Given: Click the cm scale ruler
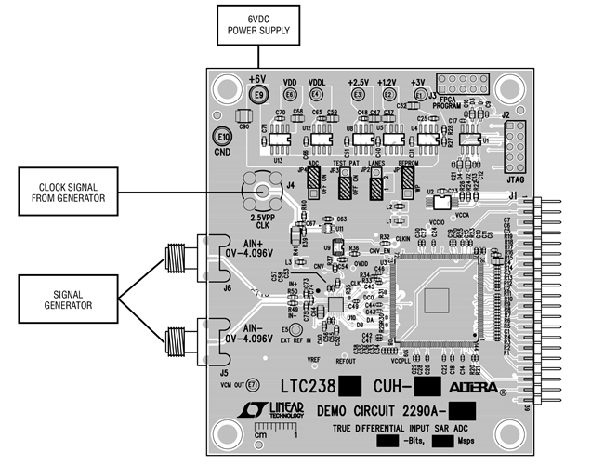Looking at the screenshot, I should click(276, 431).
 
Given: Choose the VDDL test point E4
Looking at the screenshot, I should click(316, 95).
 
